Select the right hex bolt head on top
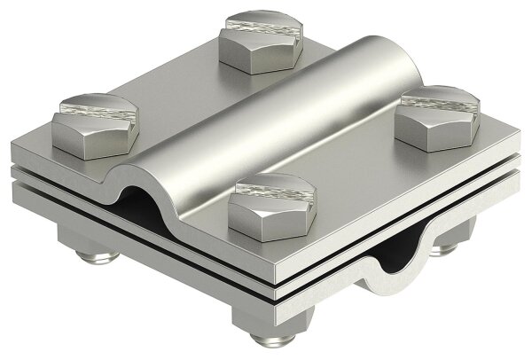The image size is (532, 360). tap(436, 119)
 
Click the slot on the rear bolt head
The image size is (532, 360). tap(261, 24)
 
